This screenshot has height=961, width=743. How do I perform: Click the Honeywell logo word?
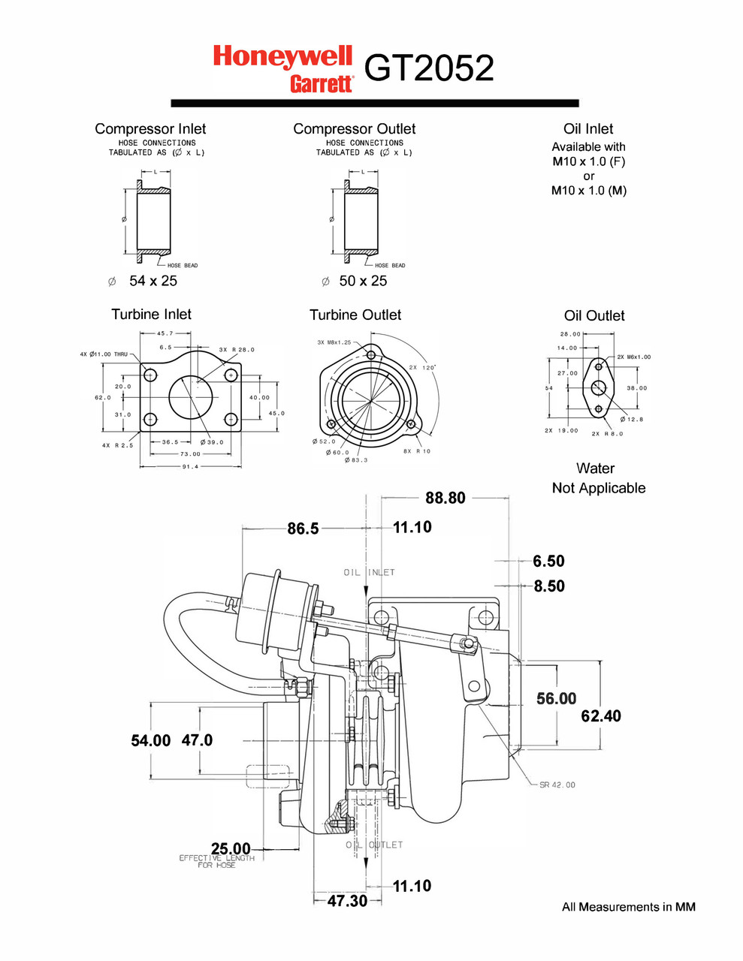coord(282,56)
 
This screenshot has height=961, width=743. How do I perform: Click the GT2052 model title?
coord(429,68)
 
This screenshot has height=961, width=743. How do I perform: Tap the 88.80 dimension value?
coord(445,498)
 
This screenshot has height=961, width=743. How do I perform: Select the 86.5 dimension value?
coord(303,529)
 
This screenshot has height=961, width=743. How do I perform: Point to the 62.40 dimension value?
coord(601,715)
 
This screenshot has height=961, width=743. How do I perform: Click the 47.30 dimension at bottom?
coord(347,901)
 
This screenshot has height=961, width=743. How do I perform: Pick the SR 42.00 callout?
coord(557,785)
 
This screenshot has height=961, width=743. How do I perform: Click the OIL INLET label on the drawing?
coord(369,572)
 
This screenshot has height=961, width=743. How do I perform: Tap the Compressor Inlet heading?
coord(150,128)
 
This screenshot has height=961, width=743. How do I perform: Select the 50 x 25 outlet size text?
coord(363,281)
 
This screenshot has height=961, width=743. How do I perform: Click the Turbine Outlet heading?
coord(355,315)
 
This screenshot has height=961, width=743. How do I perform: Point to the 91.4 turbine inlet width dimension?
coord(190,466)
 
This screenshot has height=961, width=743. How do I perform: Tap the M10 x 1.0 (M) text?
coord(589,190)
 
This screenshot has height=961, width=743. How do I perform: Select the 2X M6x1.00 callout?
coord(634,357)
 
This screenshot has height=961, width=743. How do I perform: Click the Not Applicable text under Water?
coord(599,488)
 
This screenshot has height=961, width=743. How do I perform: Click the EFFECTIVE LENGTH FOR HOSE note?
coord(216,861)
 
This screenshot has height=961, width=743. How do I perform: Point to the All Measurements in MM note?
coord(629,907)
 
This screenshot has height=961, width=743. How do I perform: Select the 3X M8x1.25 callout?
coord(334,342)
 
